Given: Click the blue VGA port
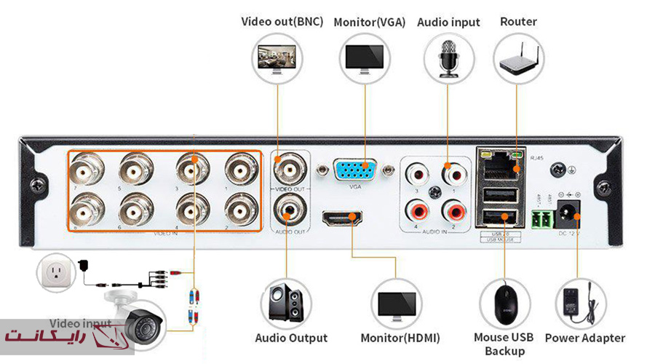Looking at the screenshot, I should click(x=354, y=171).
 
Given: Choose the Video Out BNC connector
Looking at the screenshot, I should click(x=290, y=170).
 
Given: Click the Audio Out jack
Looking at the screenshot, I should click(x=290, y=212).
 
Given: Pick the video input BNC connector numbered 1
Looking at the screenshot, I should click(x=241, y=171).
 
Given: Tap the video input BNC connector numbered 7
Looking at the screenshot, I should click(x=87, y=171).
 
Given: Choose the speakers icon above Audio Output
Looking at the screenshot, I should click(x=287, y=302).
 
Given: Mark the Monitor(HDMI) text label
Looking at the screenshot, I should click(x=400, y=339).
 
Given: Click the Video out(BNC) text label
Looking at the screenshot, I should click(x=282, y=21).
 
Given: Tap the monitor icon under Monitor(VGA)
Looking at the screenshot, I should click(x=365, y=58).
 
